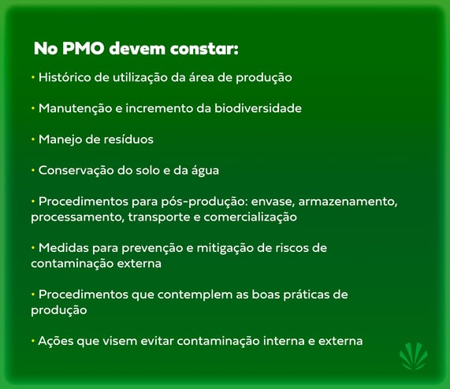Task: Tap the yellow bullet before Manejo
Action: coord(33,139)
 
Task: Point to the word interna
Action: coord(281,341)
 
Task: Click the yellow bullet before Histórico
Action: coord(33,78)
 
